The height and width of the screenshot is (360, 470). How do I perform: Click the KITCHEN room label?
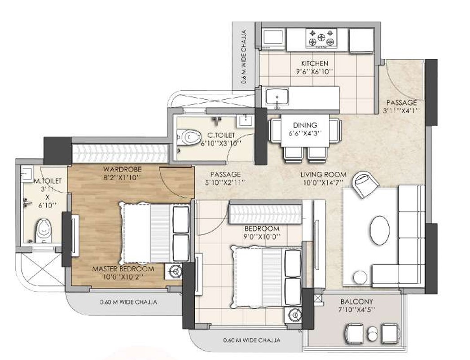314,64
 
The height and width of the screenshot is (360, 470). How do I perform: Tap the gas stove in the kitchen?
321,38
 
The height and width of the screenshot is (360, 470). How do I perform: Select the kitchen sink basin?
277,97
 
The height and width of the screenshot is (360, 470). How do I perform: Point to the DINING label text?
305,125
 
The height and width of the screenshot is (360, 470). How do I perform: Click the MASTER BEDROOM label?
123,269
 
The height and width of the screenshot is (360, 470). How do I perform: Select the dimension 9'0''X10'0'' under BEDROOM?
262,237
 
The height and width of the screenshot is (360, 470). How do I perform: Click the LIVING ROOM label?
323,175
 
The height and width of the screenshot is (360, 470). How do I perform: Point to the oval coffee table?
380,230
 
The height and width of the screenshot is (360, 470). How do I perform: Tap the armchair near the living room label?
365,184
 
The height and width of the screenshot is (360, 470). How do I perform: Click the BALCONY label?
357,302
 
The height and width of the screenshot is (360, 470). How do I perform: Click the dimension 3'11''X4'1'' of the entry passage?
401,110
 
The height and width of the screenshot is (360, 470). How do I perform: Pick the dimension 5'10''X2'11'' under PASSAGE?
225,182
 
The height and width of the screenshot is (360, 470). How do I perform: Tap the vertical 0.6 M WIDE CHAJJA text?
244,57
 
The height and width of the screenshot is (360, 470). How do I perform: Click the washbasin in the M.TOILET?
26,173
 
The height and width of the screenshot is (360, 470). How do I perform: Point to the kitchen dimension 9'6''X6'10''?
314,71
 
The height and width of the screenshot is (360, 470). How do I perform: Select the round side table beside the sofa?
360,277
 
